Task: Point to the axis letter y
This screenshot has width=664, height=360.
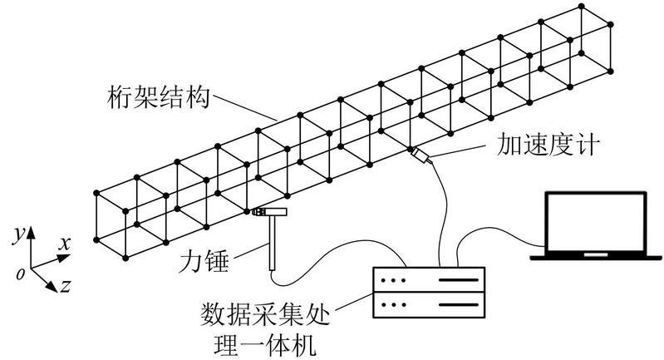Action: [17, 235]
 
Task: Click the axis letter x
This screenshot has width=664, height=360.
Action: [64, 243]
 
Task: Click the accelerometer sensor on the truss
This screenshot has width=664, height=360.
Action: [419, 154]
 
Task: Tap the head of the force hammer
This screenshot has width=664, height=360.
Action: [268, 213]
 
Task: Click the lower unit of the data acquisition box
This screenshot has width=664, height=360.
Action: [429, 305]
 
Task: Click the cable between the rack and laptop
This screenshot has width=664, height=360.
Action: [499, 234]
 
